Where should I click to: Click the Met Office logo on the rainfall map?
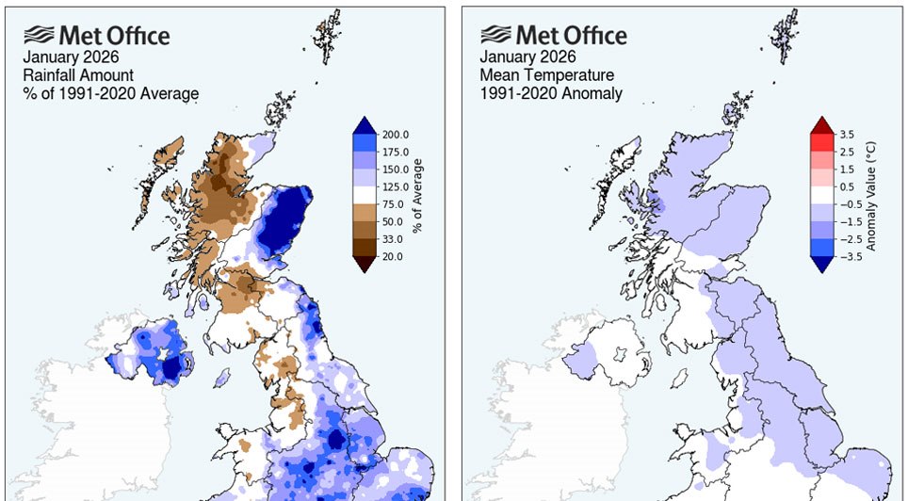point(97,36)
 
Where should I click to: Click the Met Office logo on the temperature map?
point(553,36)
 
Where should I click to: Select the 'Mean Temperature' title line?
point(547,75)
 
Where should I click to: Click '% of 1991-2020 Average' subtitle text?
point(111,93)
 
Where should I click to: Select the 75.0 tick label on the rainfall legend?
point(395,204)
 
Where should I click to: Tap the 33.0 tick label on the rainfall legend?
point(395,239)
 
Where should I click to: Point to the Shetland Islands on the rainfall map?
point(326,33)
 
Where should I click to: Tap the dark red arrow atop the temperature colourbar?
point(822,125)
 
